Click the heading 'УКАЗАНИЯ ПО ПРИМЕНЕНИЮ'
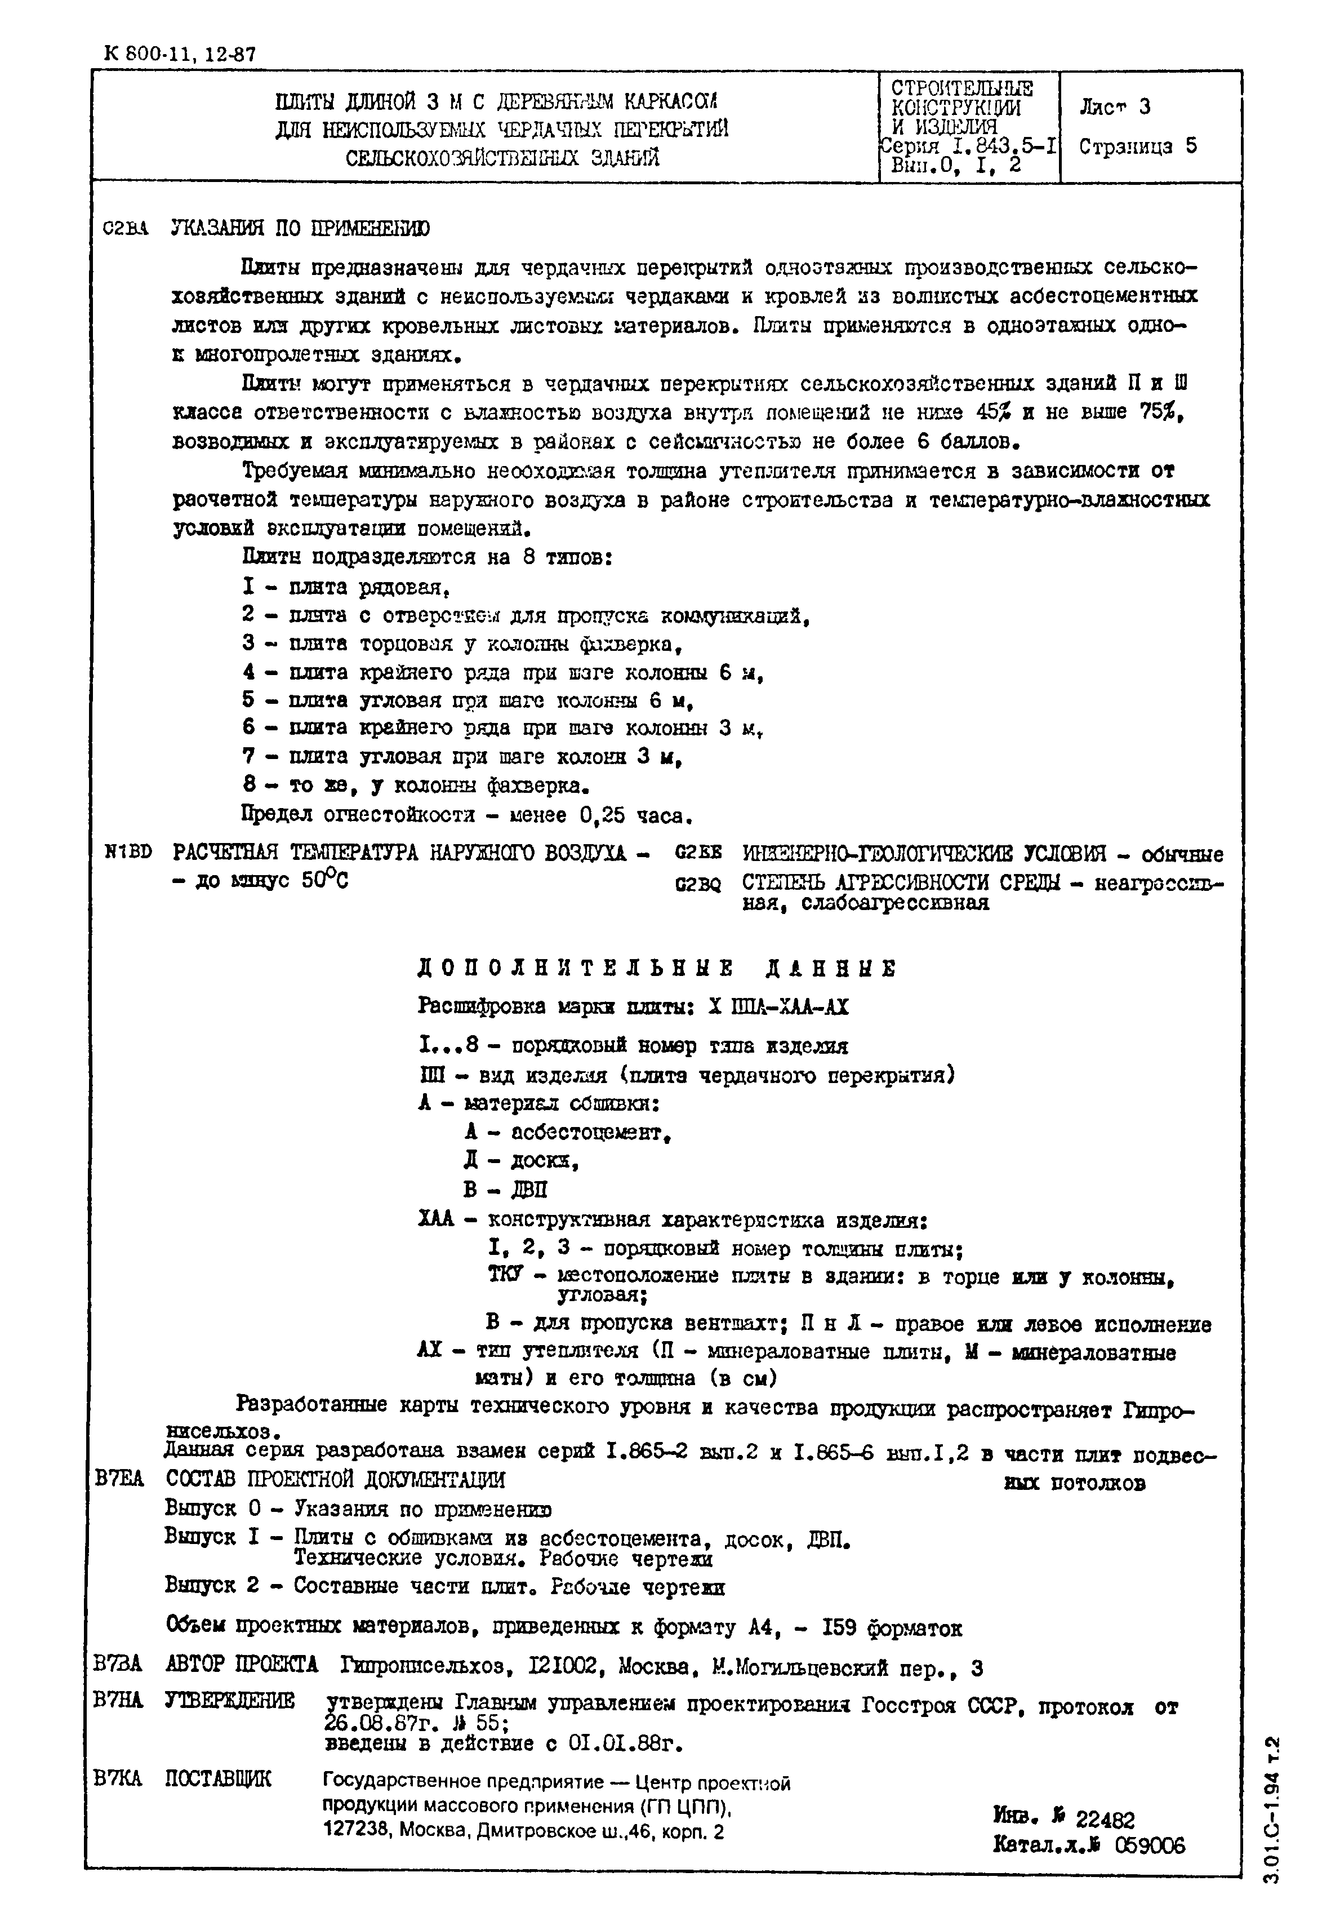pos(300,229)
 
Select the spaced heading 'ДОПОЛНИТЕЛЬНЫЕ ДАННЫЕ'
pos(656,968)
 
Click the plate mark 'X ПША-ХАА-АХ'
pos(777,1007)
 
